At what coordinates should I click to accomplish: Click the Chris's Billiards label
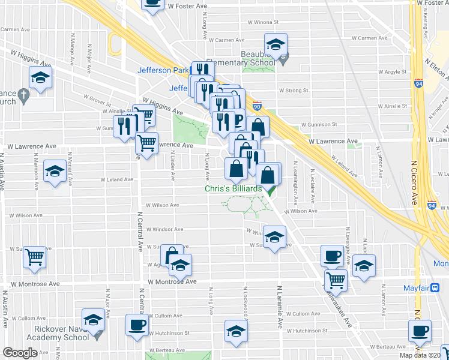point(234,189)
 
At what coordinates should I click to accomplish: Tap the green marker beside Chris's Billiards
point(270,191)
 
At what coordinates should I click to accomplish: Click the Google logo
point(20,353)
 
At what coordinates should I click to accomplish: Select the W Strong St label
point(294,91)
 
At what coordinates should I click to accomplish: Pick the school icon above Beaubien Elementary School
point(276,44)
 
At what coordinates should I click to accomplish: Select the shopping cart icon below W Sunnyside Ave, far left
point(35,257)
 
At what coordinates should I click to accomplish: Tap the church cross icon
point(23,95)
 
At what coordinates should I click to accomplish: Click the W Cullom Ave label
point(304,314)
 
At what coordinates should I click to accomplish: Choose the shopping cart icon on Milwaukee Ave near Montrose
point(336,279)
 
